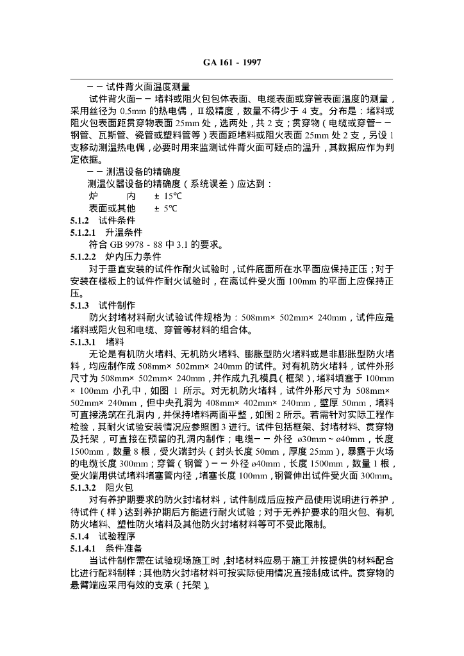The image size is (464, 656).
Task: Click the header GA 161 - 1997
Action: pyautogui.click(x=231, y=62)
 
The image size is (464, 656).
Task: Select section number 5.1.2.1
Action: pyautogui.click(x=83, y=232)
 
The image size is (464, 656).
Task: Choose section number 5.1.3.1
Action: pyautogui.click(x=83, y=342)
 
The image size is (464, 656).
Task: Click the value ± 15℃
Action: pyautogui.click(x=169, y=196)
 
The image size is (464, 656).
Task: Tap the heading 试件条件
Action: pyautogui.click(x=116, y=220)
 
